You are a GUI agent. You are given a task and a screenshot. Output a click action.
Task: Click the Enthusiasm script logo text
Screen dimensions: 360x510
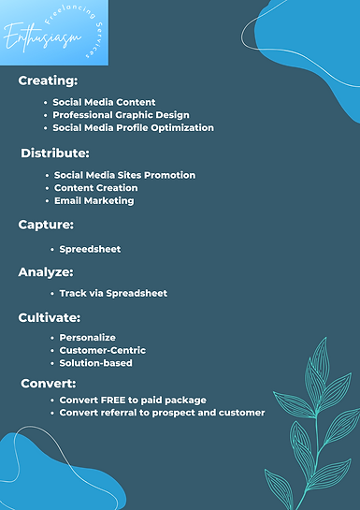(42, 37)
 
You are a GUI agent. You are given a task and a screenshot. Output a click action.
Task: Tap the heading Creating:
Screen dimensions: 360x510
(48, 80)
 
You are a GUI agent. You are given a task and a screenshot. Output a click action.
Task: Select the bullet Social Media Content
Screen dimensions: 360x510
(104, 102)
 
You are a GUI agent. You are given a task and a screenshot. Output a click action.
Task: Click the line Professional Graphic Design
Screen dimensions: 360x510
(121, 115)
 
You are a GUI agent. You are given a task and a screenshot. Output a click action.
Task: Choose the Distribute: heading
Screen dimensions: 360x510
(55, 153)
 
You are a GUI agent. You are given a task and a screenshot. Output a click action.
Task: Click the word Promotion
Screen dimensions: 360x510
(169, 175)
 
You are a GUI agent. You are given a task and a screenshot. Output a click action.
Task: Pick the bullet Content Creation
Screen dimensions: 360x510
(96, 188)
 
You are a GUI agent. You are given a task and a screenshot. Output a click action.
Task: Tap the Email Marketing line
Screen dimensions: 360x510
(94, 201)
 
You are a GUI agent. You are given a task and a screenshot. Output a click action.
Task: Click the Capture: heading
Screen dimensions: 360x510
(46, 225)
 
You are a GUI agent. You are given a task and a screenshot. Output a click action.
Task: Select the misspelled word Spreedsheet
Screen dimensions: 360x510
(90, 250)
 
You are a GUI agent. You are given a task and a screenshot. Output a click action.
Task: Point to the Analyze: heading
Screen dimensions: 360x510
(46, 272)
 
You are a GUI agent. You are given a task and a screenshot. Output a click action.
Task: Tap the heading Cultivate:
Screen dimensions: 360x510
(49, 318)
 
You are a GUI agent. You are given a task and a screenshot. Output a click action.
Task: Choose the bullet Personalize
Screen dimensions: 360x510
(87, 338)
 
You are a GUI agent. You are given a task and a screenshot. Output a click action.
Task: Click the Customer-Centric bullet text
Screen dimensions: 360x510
(102, 350)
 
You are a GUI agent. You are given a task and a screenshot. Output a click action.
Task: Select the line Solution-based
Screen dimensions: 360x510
(96, 363)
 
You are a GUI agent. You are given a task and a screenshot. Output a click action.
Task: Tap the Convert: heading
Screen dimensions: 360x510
(49, 384)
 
